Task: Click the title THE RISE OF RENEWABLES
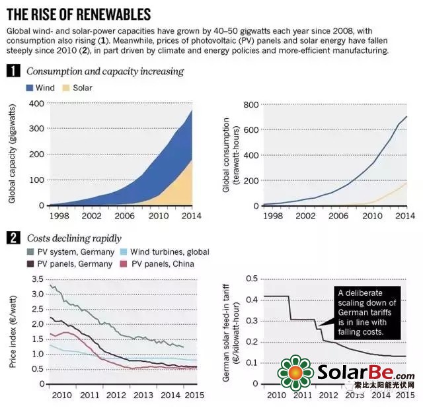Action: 78,13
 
